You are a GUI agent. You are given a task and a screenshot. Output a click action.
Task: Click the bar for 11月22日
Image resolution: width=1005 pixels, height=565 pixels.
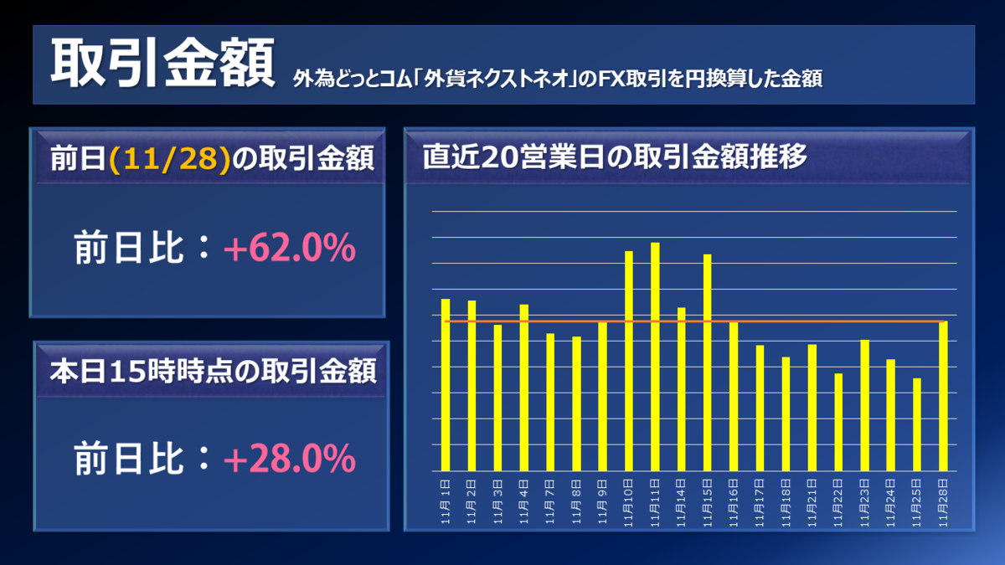838,422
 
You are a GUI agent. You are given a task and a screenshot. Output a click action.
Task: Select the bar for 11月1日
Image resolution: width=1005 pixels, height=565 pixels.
446,385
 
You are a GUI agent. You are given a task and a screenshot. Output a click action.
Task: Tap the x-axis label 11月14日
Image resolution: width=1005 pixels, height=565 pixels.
682,501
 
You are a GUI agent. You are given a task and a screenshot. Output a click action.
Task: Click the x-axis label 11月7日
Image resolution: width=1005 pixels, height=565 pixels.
550,501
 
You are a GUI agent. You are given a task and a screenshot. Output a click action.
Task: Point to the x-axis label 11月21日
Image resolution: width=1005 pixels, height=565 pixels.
812,501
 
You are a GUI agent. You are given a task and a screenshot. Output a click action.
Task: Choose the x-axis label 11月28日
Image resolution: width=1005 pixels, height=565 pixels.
944,501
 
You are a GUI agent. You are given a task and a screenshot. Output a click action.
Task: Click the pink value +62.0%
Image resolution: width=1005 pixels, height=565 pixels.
289,249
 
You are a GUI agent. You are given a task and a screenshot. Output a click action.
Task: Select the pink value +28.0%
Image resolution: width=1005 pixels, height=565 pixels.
289,458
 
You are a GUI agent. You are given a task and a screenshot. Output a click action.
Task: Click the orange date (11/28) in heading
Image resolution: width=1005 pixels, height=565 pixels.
169,158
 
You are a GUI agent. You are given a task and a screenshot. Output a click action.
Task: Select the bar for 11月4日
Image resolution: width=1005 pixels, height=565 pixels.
524,388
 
